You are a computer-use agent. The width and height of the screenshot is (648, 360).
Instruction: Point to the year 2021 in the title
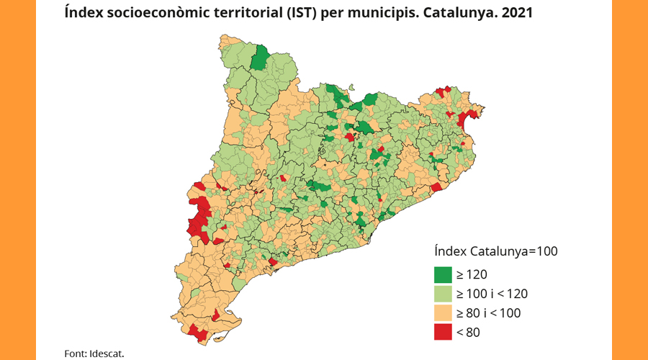[516, 13]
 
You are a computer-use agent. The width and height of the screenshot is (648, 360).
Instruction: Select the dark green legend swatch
[441, 275]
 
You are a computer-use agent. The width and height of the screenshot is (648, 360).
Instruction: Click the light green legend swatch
[441, 294]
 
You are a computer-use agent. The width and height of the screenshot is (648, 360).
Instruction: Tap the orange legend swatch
[441, 312]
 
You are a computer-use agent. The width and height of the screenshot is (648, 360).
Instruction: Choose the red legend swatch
[441, 331]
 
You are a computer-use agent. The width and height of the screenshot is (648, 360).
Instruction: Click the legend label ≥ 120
[472, 275]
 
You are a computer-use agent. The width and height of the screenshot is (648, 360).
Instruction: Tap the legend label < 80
[467, 331]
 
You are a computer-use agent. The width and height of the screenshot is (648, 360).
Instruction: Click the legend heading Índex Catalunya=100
[496, 251]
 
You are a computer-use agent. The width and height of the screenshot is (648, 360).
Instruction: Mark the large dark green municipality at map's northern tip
[261, 58]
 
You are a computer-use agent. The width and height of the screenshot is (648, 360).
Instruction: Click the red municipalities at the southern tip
[196, 333]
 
